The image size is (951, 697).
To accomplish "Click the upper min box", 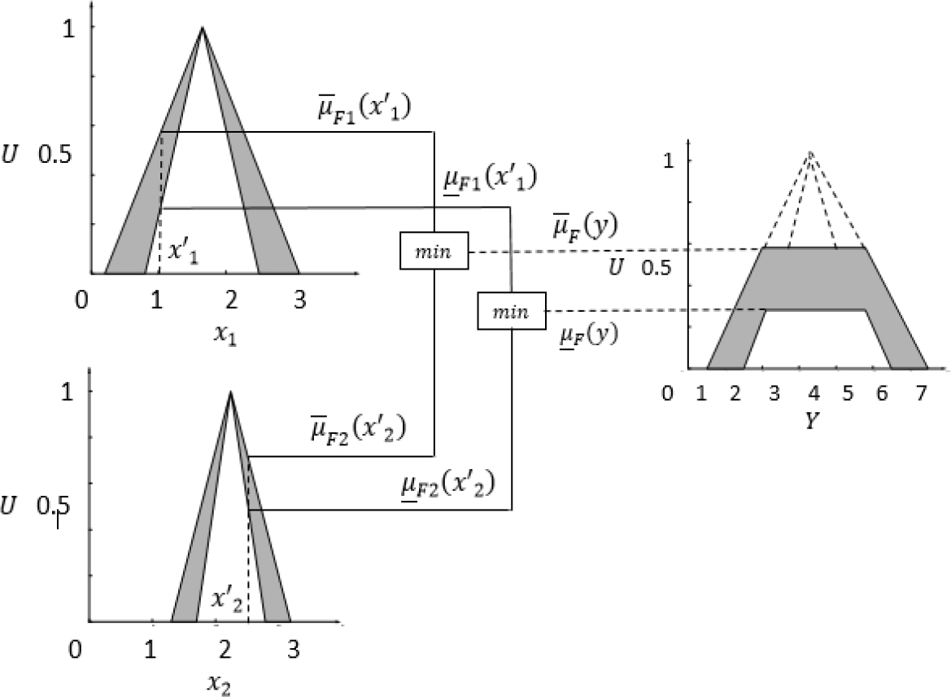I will tap(434, 251).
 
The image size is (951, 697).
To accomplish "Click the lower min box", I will tap(510, 311).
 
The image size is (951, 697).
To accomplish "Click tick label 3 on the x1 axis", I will tap(300, 300).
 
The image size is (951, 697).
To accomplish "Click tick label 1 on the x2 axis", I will tap(150, 651).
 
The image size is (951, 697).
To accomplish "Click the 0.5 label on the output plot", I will tap(657, 267).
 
